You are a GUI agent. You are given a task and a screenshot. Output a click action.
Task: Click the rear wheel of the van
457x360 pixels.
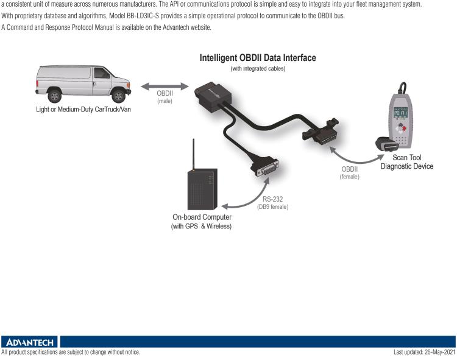pos(55,96)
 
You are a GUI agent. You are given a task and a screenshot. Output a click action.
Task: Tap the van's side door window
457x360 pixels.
pos(102,73)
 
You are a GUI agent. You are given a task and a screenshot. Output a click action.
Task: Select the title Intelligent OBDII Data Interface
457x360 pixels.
pos(258,58)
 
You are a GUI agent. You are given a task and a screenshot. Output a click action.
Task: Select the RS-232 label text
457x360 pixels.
pos(272,199)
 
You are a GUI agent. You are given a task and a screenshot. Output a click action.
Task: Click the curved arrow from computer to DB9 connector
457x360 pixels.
pos(247,198)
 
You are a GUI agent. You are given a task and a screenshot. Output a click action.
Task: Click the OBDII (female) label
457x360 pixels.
pos(349,172)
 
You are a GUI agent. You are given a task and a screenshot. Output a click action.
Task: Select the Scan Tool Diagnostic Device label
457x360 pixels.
pos(407,161)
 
